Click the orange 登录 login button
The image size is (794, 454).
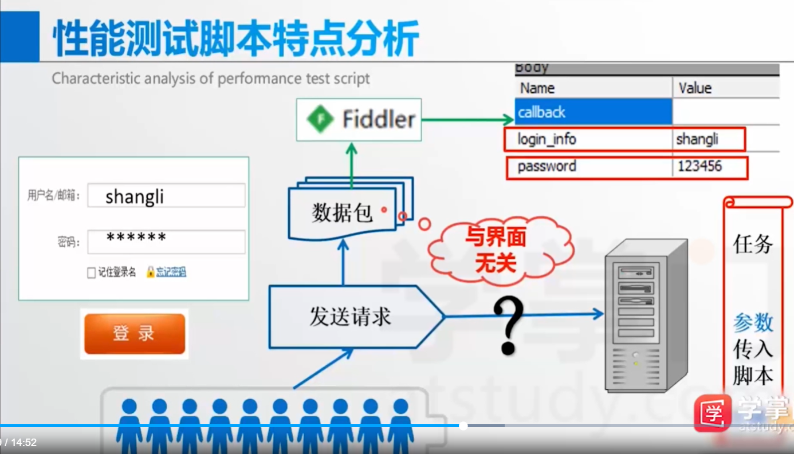point(135,334)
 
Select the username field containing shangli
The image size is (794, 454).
point(166,196)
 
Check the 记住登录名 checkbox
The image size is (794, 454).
point(91,273)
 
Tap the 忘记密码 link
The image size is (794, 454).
point(171,273)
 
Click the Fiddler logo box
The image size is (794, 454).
point(359,120)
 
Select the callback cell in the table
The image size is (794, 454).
point(593,112)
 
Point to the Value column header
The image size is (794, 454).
point(695,88)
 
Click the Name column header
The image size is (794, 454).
point(537,88)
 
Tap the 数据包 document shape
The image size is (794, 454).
point(343,214)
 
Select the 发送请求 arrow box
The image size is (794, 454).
point(351,316)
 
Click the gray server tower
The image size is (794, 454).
point(646,315)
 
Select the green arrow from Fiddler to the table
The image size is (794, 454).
point(467,120)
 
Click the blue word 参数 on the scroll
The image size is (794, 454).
point(753,323)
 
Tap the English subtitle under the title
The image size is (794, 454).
point(211,78)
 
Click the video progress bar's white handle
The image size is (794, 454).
point(463,425)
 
